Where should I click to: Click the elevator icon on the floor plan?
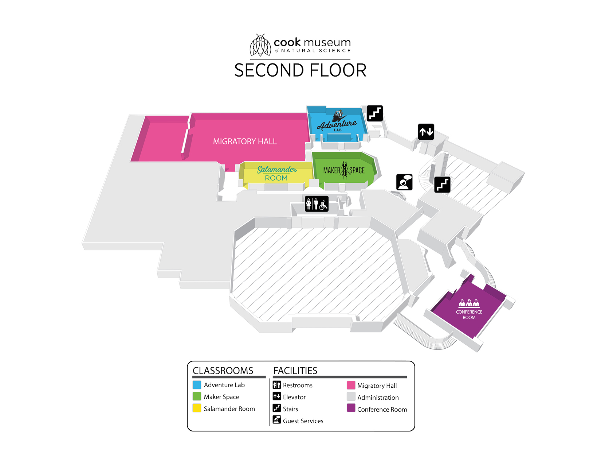426,132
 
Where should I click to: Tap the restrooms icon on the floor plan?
317,204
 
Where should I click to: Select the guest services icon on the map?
404,182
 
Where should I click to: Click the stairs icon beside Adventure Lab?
374,113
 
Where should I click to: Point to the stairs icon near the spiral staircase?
442,185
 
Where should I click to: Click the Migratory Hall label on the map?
244,142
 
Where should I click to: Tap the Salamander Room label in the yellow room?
276,173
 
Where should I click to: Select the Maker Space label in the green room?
344,170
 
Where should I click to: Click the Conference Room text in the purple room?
469,315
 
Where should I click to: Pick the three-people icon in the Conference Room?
469,303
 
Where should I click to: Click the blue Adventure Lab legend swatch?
197,385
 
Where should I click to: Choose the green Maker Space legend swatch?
197,396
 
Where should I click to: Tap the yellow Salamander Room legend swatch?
197,408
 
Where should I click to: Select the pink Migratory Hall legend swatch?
351,385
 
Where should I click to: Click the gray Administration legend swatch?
351,396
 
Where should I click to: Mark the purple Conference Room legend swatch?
351,408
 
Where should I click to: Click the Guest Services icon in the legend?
276,420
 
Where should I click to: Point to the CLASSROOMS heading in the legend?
223,371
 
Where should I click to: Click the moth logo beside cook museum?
260,45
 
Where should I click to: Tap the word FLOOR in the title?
338,70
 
